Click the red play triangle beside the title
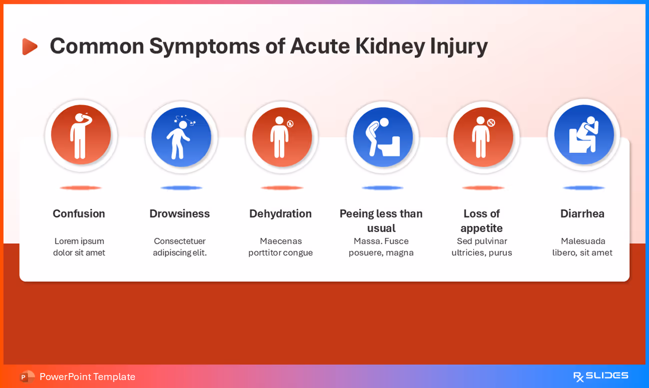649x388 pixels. click(29, 46)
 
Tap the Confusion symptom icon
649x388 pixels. click(81, 135)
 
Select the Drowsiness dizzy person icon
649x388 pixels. click(181, 137)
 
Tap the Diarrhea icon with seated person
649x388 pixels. click(584, 135)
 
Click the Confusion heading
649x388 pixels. click(79, 213)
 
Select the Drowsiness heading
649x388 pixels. click(179, 213)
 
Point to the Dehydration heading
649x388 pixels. click(280, 213)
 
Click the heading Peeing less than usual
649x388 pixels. click(381, 220)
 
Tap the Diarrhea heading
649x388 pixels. click(582, 213)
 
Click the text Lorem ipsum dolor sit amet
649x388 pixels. click(79, 247)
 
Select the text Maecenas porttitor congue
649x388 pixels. click(280, 247)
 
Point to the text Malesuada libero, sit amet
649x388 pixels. click(582, 247)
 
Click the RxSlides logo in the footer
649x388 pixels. click(601, 376)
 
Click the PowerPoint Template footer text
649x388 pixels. click(87, 377)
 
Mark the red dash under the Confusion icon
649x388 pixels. click(80, 188)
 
